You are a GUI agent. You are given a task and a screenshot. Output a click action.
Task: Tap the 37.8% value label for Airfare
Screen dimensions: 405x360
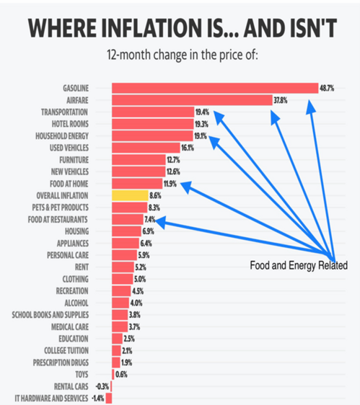pyautogui.click(x=281, y=100)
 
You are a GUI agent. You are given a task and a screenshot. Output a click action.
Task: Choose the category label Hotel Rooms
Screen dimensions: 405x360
pyautogui.click(x=69, y=124)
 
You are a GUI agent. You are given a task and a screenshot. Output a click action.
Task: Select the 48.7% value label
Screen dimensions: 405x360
pyautogui.click(x=328, y=88)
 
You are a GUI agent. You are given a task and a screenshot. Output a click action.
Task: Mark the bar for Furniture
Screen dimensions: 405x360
pyautogui.click(x=138, y=159)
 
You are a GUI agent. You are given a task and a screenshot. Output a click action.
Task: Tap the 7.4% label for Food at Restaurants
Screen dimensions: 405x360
pyautogui.click(x=151, y=219)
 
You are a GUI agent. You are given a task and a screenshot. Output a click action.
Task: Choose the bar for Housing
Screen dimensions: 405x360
pyautogui.click(x=126, y=231)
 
